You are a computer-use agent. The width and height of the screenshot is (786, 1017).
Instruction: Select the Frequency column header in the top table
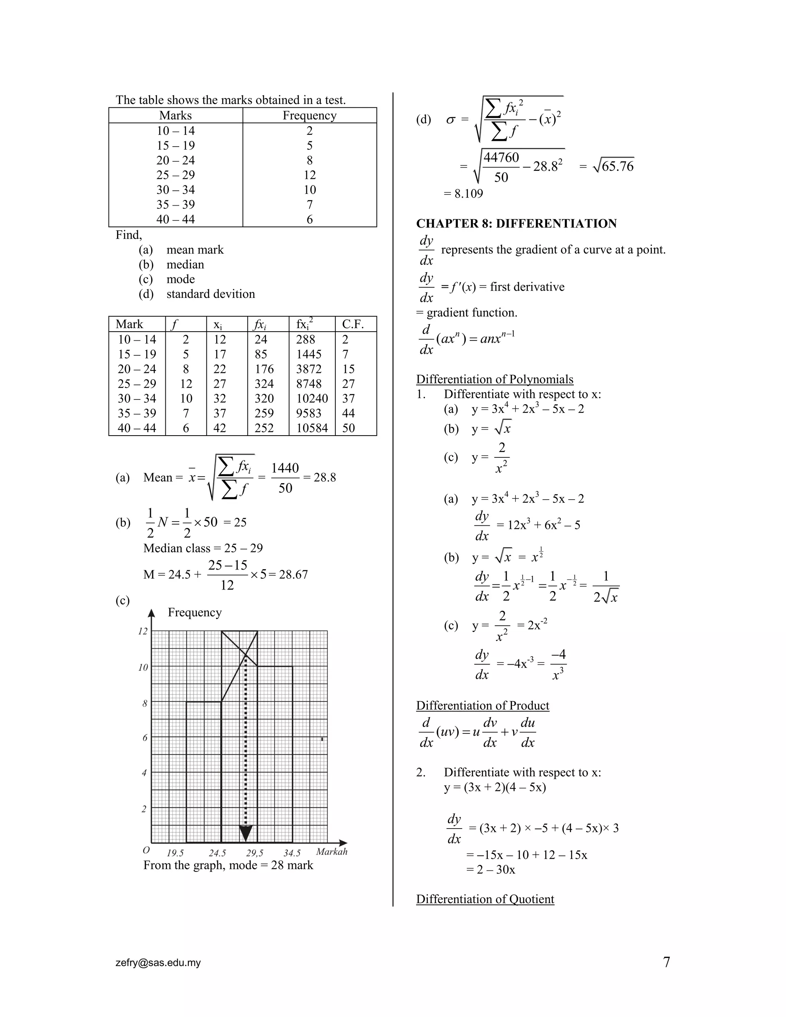[309, 116]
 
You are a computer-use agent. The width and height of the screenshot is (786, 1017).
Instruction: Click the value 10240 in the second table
[312, 399]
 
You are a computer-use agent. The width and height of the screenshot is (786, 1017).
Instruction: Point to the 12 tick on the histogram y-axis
[143, 631]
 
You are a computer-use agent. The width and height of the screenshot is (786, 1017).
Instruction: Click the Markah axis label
[332, 852]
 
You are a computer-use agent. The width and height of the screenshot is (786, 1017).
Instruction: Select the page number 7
[666, 963]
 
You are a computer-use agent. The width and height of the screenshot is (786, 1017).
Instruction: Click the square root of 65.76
[613, 166]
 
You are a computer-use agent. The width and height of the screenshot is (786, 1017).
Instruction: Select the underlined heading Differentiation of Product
[482, 705]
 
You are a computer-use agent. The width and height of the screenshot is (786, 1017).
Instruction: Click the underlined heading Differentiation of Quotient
[485, 899]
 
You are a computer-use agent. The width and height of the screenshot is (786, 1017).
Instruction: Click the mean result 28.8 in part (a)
[325, 477]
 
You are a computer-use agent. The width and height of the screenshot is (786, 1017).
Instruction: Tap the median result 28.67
[293, 575]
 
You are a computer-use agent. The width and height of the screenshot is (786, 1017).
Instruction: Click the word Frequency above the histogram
[195, 613]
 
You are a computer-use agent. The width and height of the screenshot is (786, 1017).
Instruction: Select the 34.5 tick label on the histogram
[292, 853]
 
